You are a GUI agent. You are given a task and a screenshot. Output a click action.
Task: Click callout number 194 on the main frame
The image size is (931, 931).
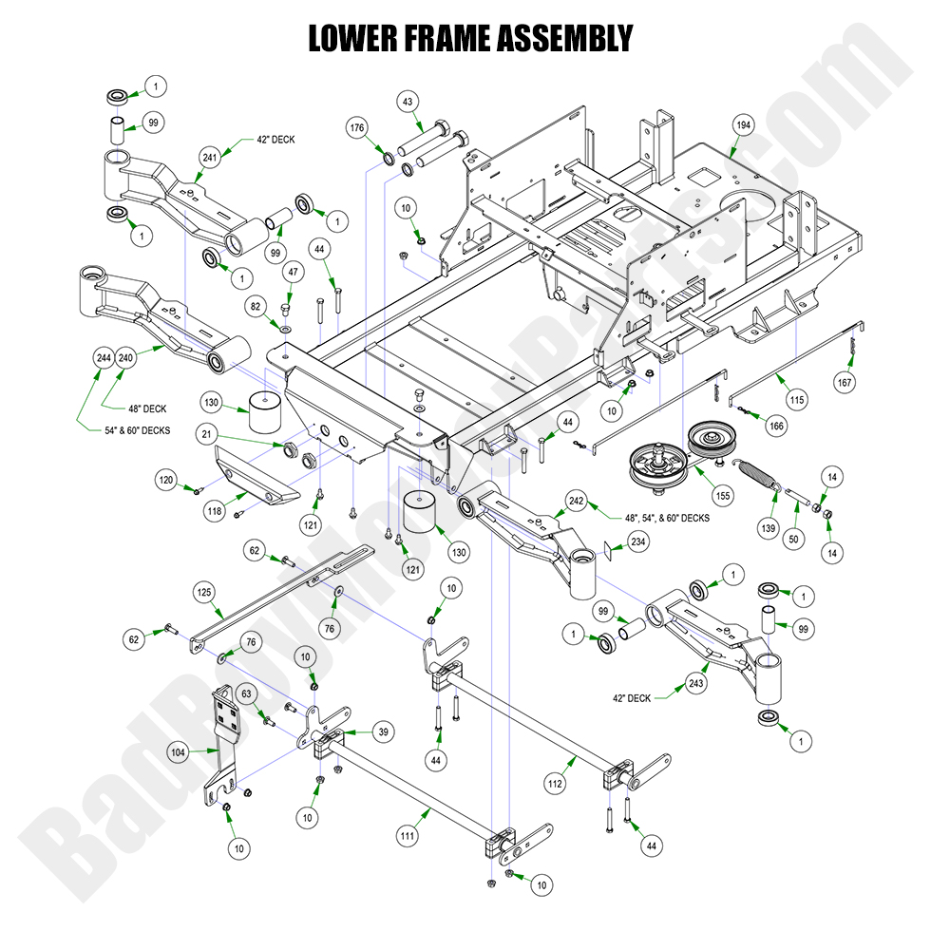[742, 124]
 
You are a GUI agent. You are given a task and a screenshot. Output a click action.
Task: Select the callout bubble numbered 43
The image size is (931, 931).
[408, 102]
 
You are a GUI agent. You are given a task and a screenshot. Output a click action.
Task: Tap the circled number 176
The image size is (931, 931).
[356, 128]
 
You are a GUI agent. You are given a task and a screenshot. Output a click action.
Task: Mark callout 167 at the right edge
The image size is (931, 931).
[845, 383]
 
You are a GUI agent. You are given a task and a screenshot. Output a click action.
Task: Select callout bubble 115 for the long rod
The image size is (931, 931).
[796, 400]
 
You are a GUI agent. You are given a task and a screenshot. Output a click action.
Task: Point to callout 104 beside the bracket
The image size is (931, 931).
[179, 750]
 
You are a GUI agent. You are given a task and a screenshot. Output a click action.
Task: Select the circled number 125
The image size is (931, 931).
[202, 591]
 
